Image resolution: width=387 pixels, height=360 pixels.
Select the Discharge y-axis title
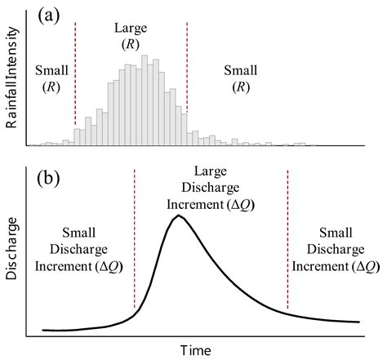12,254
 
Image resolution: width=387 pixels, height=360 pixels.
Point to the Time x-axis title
197,349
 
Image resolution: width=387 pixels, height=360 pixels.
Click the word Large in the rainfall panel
131,29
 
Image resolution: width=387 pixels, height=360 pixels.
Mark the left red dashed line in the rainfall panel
75,73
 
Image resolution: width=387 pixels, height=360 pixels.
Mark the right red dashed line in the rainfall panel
187,73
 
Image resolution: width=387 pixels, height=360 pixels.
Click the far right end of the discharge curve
359,322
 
